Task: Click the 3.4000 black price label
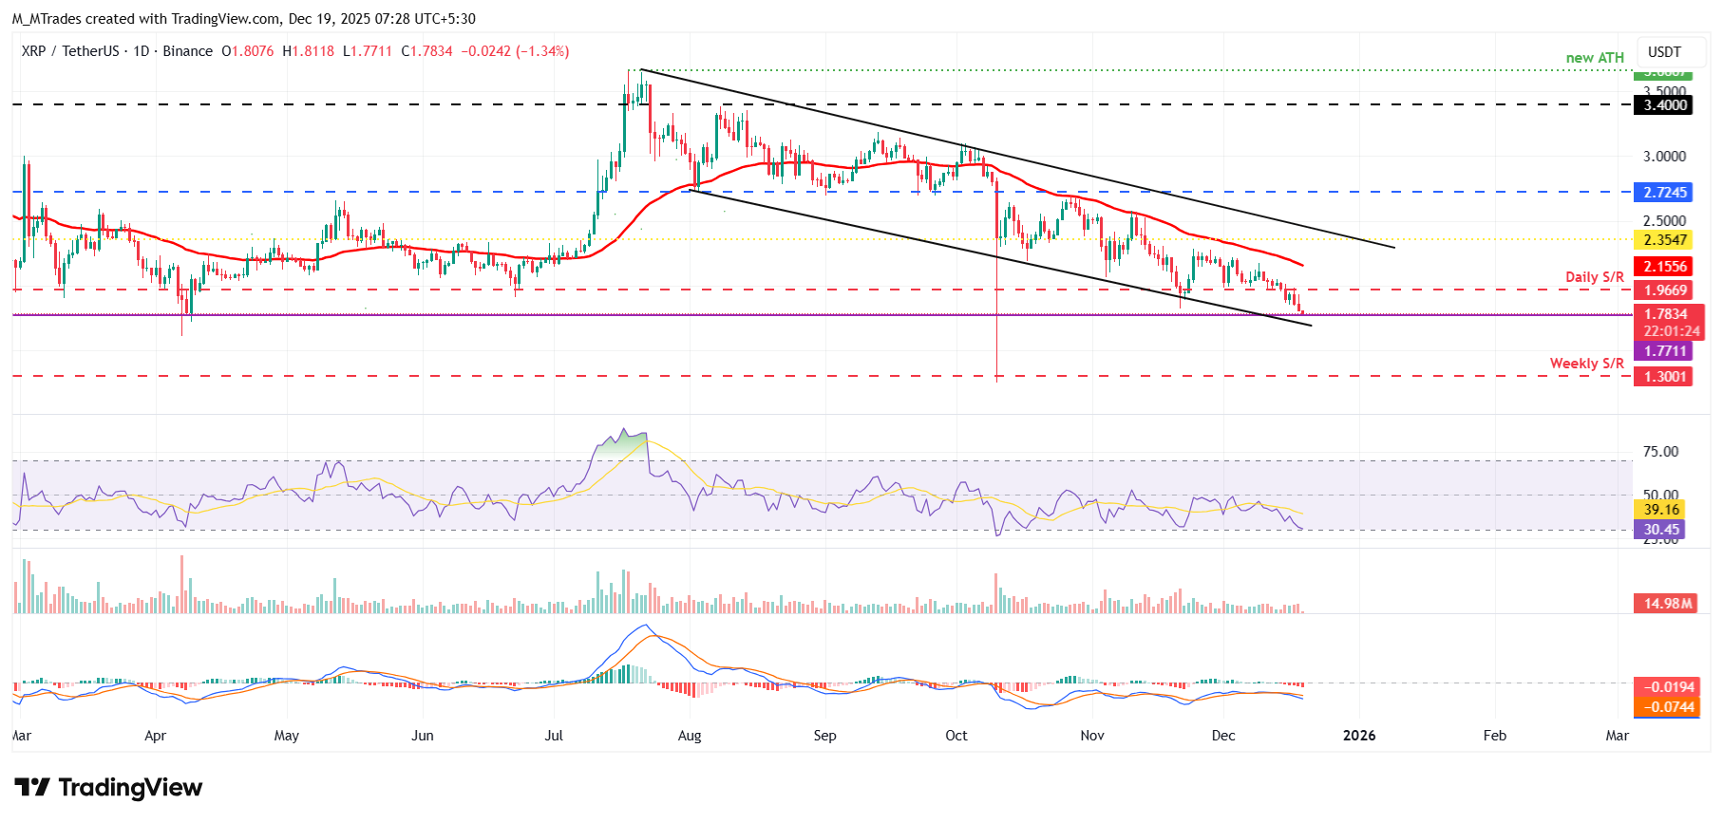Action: point(1665,105)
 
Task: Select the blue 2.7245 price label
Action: point(1665,193)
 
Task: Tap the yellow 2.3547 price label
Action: point(1665,240)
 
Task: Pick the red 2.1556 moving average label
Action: point(1665,267)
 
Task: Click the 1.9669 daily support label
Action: point(1665,290)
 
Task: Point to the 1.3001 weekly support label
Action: point(1665,377)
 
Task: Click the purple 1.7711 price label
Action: point(1665,351)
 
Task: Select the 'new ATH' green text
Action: point(1595,58)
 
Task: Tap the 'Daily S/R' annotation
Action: point(1595,277)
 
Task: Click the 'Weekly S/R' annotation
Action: point(1586,364)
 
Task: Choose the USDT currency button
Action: point(1664,52)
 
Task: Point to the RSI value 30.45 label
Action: point(1661,530)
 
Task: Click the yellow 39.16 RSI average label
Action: point(1661,510)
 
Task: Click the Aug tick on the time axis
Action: point(690,736)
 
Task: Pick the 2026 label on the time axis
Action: point(1359,736)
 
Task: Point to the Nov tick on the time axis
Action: point(1092,736)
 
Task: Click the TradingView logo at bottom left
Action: point(108,788)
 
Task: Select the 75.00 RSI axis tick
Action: point(1660,452)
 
